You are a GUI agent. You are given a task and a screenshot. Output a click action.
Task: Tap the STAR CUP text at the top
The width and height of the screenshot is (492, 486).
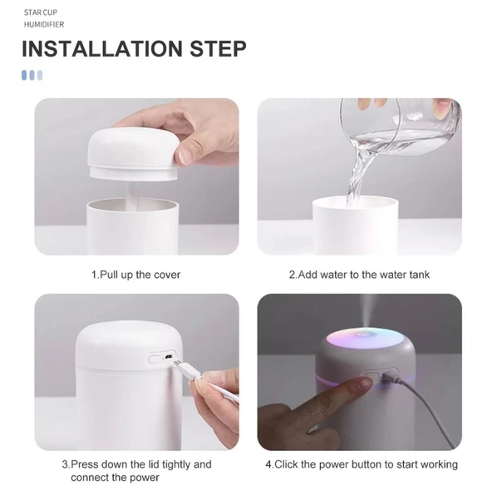click(40, 13)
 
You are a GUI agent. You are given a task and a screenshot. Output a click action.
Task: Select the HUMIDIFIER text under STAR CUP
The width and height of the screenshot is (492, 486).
click(43, 25)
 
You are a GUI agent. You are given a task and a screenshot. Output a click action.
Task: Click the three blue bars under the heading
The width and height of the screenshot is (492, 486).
click(32, 75)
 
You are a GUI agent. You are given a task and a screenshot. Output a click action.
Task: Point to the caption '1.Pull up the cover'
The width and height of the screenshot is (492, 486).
click(135, 275)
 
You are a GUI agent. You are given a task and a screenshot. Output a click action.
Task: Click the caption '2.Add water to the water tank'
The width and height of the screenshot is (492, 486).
click(359, 275)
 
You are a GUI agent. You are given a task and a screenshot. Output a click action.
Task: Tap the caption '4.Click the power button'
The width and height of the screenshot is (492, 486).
click(361, 464)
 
